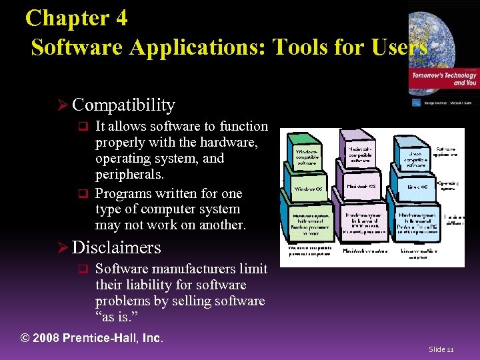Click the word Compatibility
pos(123,105)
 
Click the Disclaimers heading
pos(117,247)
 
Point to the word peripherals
pos(129,175)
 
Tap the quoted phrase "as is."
pos(118,317)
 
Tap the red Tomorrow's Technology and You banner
pos(444,79)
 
